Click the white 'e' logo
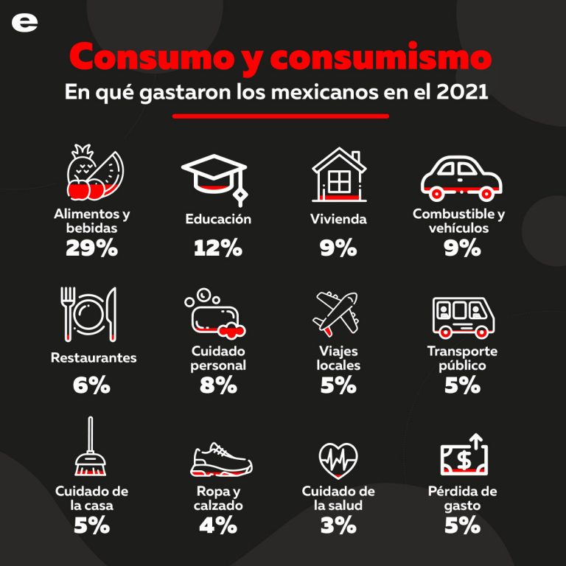point(24,23)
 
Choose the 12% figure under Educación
point(218,248)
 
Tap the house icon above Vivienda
point(338,174)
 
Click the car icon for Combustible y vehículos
point(461,177)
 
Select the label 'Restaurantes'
point(94,358)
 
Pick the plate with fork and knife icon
point(90,314)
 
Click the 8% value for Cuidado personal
point(218,385)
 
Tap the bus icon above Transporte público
point(462,315)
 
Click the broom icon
point(91,448)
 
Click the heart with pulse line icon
point(338,459)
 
